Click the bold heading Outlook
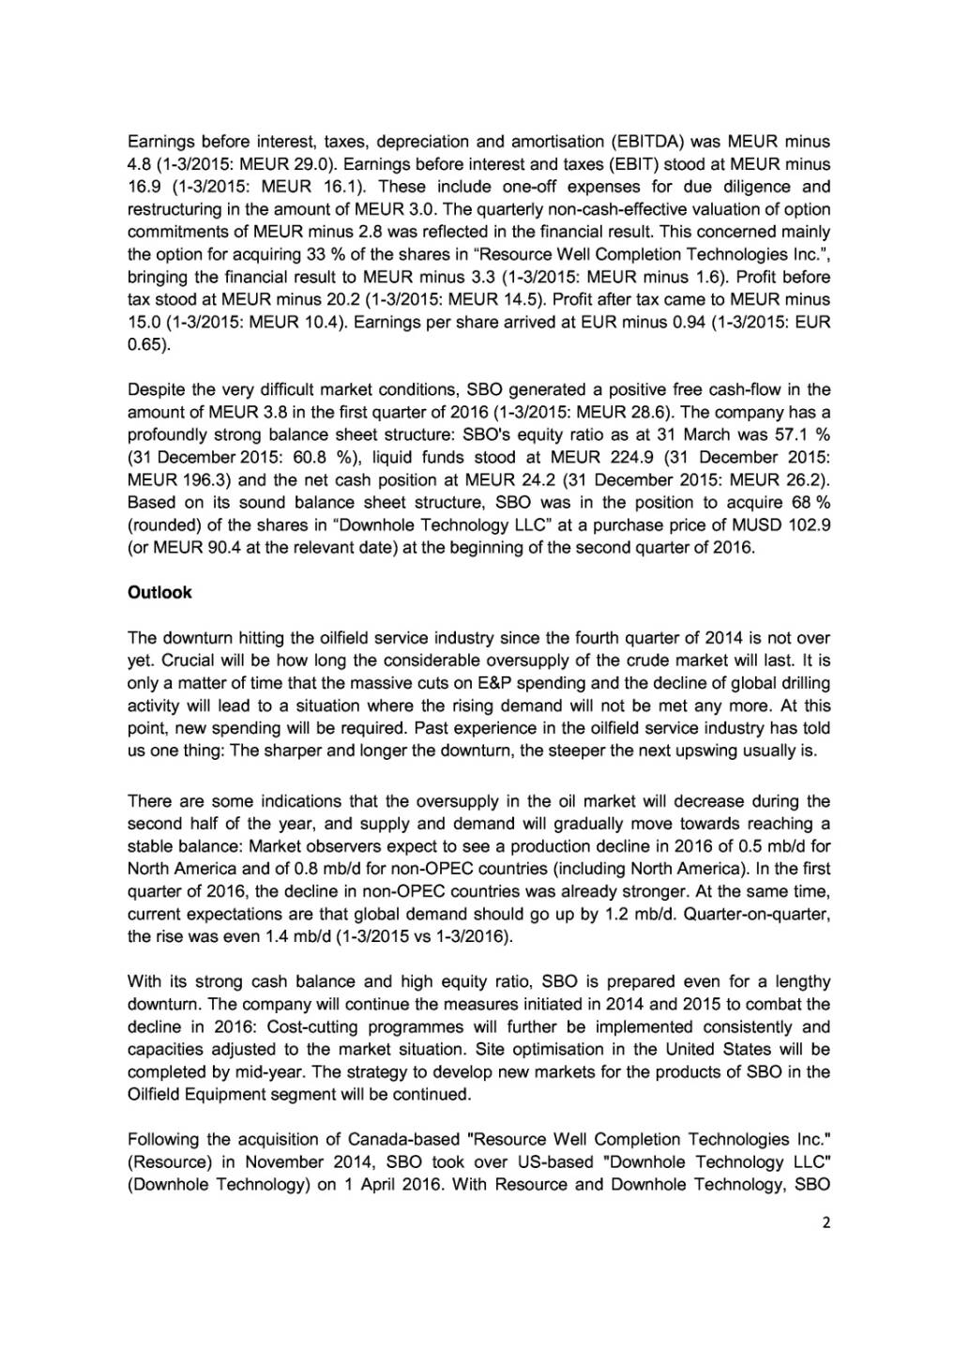pos(159,592)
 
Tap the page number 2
pos(825,1222)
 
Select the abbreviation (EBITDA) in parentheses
pos(648,142)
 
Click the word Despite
pos(154,389)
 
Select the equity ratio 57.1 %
pos(802,434)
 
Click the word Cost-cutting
pos(438,1026)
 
